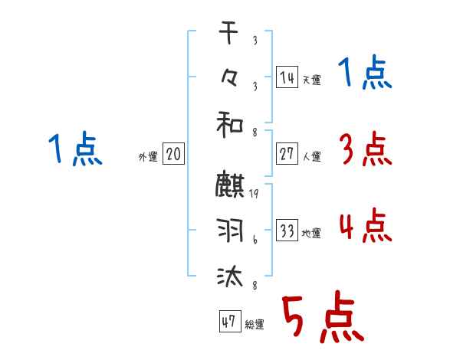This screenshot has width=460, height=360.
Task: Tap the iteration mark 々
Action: (231, 77)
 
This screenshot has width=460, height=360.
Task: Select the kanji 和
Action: (231, 123)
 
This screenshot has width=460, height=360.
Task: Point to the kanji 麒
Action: (231, 186)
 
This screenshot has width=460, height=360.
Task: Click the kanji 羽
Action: (231, 231)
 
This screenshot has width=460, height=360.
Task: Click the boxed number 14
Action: (287, 77)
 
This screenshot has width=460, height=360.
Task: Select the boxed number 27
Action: (287, 153)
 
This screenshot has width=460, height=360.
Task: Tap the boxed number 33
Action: (287, 231)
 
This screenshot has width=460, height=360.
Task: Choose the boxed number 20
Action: (173, 154)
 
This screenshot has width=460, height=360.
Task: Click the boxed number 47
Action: (228, 322)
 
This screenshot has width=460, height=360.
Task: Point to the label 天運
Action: (311, 80)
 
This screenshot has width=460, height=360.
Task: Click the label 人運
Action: (311, 156)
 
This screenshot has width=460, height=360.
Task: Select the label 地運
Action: (311, 234)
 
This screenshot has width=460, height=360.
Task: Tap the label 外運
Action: (148, 156)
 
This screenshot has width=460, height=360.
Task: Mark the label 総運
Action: (255, 325)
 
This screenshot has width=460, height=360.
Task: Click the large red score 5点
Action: (323, 319)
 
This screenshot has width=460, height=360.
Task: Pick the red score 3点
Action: (364, 149)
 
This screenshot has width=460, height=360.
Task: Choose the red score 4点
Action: (364, 227)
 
